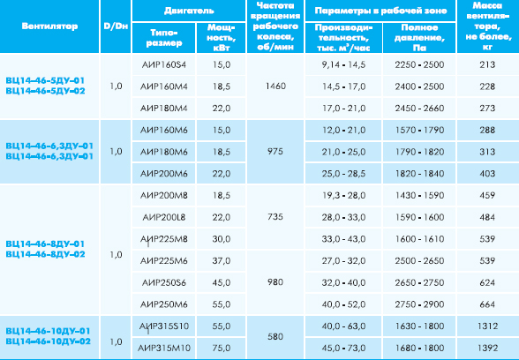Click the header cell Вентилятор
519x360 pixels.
pyautogui.click(x=49, y=26)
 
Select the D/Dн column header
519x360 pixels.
pyautogui.click(x=116, y=26)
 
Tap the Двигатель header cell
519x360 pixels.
pyautogui.click(x=189, y=11)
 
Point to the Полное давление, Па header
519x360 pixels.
pyautogui.click(x=419, y=37)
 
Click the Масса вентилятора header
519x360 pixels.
pyautogui.click(x=487, y=26)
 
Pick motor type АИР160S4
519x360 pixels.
pyautogui.click(x=164, y=64)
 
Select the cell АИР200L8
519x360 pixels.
pyautogui.click(x=164, y=217)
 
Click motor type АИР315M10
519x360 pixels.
pyautogui.click(x=164, y=348)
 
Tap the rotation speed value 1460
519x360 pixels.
pyautogui.click(x=275, y=86)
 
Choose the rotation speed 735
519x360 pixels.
pyautogui.click(x=275, y=217)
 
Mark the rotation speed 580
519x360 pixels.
pyautogui.click(x=275, y=336)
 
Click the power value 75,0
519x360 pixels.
pyautogui.click(x=222, y=348)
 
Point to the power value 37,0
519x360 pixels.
pyautogui.click(x=222, y=261)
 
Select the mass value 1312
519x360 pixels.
pyautogui.click(x=487, y=326)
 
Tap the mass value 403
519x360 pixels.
pyautogui.click(x=487, y=174)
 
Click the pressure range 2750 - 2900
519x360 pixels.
pyautogui.click(x=419, y=304)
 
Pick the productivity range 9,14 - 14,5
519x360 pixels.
pyautogui.click(x=343, y=64)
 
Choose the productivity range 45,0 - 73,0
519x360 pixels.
pyautogui.click(x=343, y=348)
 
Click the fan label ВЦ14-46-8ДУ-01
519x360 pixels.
pyautogui.click(x=45, y=244)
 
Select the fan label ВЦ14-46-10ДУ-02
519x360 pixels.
pyautogui.click(x=48, y=341)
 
